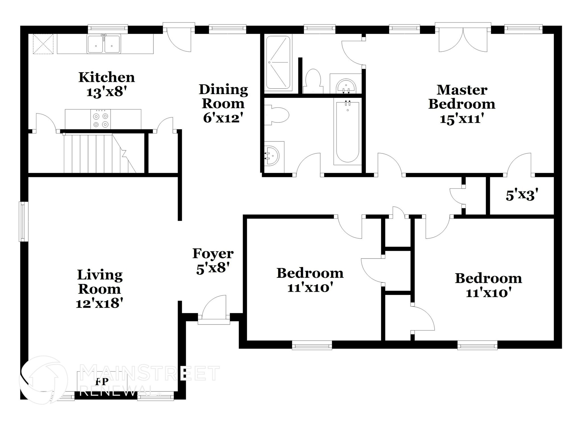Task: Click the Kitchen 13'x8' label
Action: pyautogui.click(x=106, y=85)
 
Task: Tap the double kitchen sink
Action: pyautogui.click(x=104, y=44)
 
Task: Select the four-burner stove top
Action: pyautogui.click(x=101, y=120)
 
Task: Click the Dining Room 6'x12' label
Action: pyautogui.click(x=223, y=103)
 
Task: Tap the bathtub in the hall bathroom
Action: pyautogui.click(x=347, y=132)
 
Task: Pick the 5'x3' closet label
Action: pyautogui.click(x=522, y=195)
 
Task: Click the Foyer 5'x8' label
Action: pyautogui.click(x=213, y=261)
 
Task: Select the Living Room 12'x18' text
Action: pyautogui.click(x=99, y=289)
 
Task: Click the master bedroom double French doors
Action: pyautogui.click(x=463, y=40)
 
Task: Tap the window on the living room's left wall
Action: pyautogui.click(x=23, y=221)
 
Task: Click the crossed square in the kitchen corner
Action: pyautogui.click(x=43, y=44)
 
